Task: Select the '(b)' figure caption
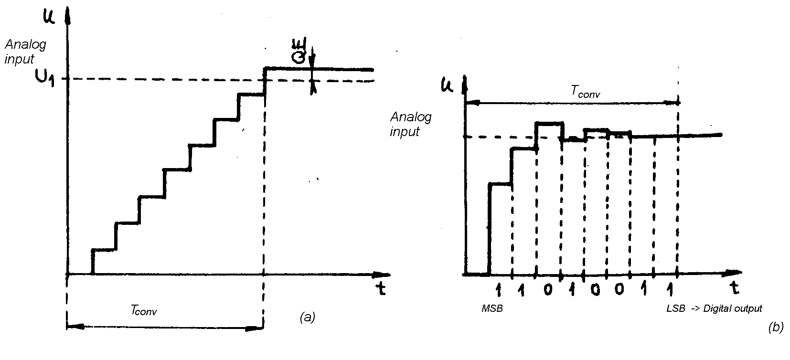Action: tap(776, 328)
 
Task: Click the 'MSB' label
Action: tap(492, 309)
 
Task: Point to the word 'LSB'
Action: tap(675, 309)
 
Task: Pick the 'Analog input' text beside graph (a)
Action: tap(25, 52)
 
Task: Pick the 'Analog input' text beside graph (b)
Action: tap(410, 124)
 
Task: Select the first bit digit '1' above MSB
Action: tap(498, 289)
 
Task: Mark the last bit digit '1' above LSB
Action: tap(671, 289)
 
